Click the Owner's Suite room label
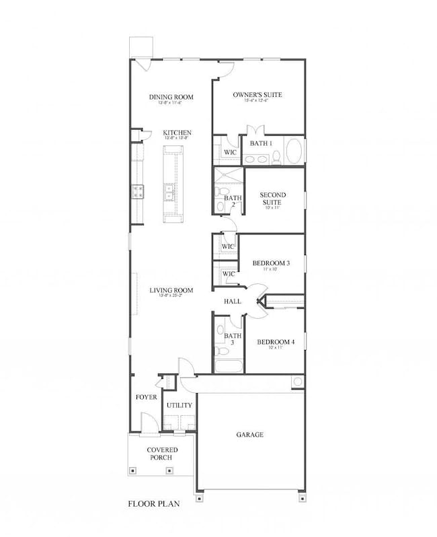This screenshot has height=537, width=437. coord(257,95)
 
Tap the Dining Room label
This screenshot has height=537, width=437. coord(171,97)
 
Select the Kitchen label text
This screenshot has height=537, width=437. coord(177,133)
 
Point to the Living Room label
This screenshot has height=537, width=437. coord(171,290)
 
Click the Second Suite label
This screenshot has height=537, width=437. coord(273,199)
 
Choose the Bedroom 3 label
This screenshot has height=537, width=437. coord(271,262)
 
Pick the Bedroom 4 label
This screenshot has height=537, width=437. coord(276,342)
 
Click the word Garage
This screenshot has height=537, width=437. coord(249,435)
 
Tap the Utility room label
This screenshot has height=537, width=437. coord(180,405)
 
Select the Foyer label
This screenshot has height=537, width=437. coord(147,397)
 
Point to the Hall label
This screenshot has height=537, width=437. coord(233,301)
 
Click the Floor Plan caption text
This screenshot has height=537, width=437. coord(154,503)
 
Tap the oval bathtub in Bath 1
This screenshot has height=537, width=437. coord(294,151)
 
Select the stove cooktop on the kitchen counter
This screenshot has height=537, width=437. coord(138,192)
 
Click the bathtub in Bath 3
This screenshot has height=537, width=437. coord(229,367)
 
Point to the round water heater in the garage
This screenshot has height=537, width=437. coord(296,382)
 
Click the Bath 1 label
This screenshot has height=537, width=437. coord(261,143)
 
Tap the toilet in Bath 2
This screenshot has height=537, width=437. coord(221,194)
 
